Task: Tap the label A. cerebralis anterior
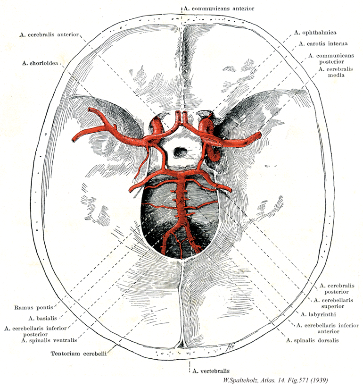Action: [x=50, y=34]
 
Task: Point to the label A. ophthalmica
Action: [x=315, y=33]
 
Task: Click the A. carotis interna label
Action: [x=323, y=44]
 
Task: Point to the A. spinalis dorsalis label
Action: [x=312, y=340]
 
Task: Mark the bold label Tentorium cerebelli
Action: [x=79, y=352]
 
